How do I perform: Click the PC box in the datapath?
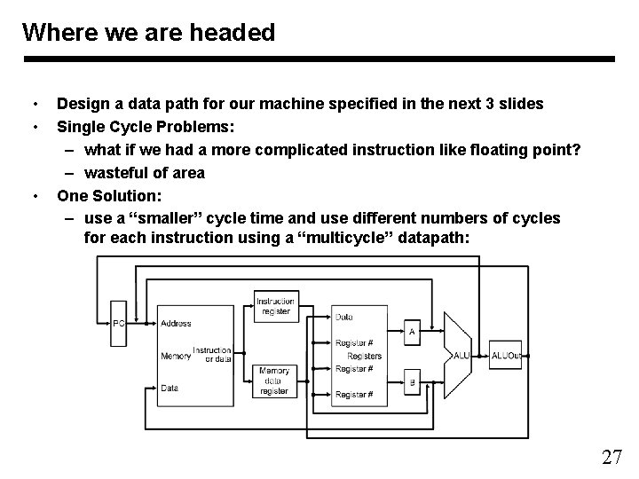[119, 324]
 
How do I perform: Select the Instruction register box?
[275, 306]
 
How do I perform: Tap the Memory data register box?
[274, 381]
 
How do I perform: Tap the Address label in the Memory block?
[176, 324]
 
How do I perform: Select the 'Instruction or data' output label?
[212, 355]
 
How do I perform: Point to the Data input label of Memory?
[170, 388]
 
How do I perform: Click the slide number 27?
[611, 458]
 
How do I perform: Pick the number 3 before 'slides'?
[491, 104]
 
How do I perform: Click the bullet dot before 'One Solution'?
[33, 195]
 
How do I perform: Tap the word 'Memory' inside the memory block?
[176, 356]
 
